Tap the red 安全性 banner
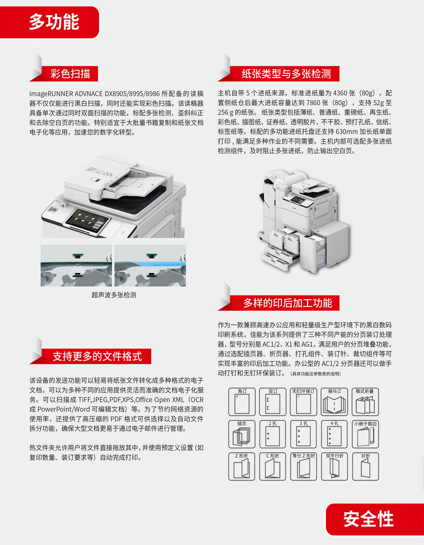[375, 519]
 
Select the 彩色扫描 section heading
[70, 74]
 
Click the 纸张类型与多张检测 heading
[286, 74]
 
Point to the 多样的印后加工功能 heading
[287, 303]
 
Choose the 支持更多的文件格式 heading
[97, 356]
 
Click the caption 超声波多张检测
[113, 295]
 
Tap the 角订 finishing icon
[242, 402]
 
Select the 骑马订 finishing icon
[334, 402]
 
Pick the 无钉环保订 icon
[304, 402]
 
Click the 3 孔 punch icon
[304, 434]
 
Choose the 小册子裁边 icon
[365, 434]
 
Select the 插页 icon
[242, 434]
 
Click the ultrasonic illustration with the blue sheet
[150, 265]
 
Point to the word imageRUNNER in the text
[48, 94]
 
